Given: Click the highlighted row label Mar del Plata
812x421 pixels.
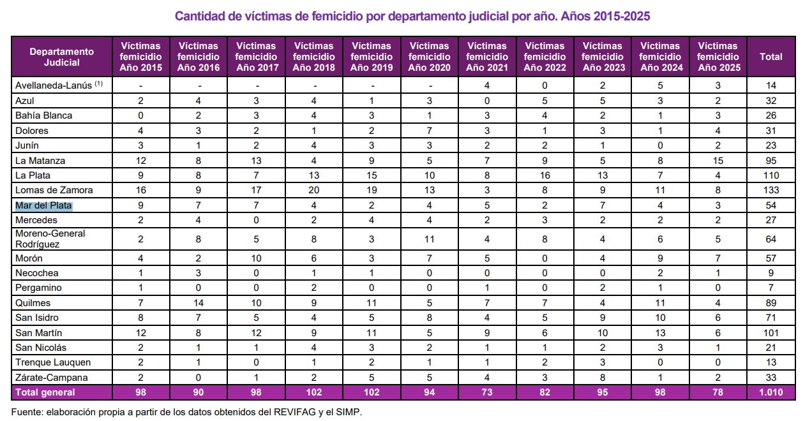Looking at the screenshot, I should click(44, 205).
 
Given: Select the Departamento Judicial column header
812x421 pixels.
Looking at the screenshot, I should click(62, 57).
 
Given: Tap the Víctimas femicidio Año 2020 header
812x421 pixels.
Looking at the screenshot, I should click(429, 57).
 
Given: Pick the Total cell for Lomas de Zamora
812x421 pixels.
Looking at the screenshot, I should click(771, 190).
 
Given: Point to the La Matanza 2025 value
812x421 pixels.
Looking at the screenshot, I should click(718, 161).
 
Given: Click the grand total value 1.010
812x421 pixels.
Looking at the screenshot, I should click(771, 392).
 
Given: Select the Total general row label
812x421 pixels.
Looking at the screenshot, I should click(45, 392).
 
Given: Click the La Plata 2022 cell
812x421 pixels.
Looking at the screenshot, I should click(545, 175).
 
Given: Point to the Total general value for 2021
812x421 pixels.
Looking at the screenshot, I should click(487, 392).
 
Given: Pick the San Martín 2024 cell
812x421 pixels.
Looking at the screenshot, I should click(660, 333).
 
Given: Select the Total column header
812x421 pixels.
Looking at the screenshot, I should click(771, 57).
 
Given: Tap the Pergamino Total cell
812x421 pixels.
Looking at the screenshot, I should click(771, 288).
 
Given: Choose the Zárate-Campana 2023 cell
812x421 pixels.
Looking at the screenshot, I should click(602, 377).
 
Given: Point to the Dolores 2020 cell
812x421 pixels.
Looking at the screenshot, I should click(429, 131).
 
